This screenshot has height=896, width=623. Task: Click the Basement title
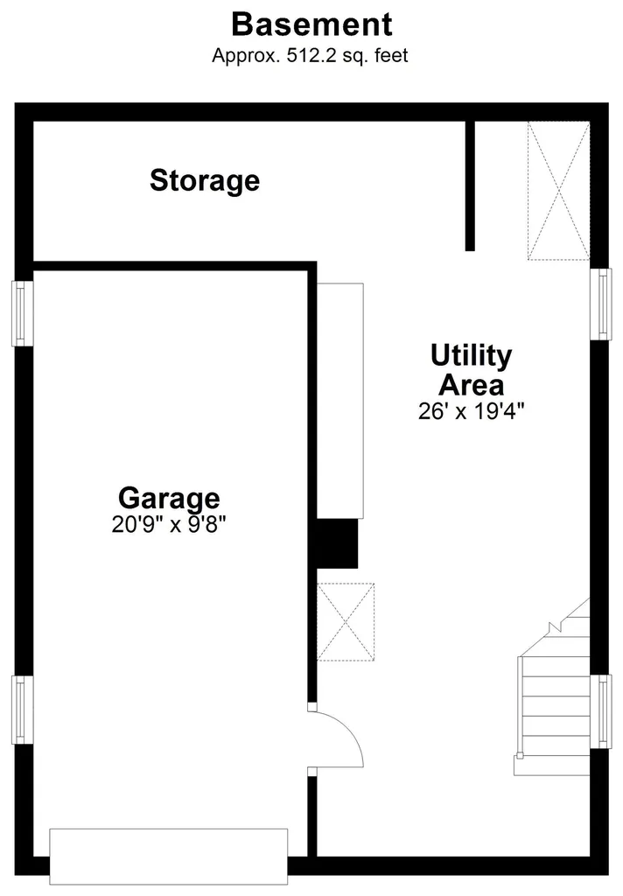pos(311,24)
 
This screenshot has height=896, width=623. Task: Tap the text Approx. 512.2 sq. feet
pos(310,55)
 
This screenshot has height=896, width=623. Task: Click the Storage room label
pos(205,180)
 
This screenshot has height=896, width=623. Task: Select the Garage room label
pos(169,498)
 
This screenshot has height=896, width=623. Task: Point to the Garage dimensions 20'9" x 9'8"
pos(169,524)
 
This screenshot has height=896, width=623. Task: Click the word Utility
pos(471,357)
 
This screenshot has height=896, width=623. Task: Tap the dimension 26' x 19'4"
pos(471,411)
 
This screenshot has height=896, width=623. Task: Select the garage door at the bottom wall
pos(169,856)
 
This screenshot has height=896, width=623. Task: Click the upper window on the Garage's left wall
pos(22,313)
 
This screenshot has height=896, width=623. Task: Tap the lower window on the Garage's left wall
pos(22,710)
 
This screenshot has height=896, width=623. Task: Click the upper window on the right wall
pos(601,304)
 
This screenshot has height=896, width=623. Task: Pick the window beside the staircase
pos(601,711)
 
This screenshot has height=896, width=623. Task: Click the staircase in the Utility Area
pos(553,703)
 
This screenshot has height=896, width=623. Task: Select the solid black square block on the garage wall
pos(337,543)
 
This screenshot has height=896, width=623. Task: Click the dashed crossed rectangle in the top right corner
pos(558,191)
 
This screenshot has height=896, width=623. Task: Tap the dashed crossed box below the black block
pos(346,622)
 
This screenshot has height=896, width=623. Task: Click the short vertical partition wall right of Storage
pos(470,185)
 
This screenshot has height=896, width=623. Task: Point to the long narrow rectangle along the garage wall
pos(340,401)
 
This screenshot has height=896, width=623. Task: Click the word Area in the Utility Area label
pos(471,385)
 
